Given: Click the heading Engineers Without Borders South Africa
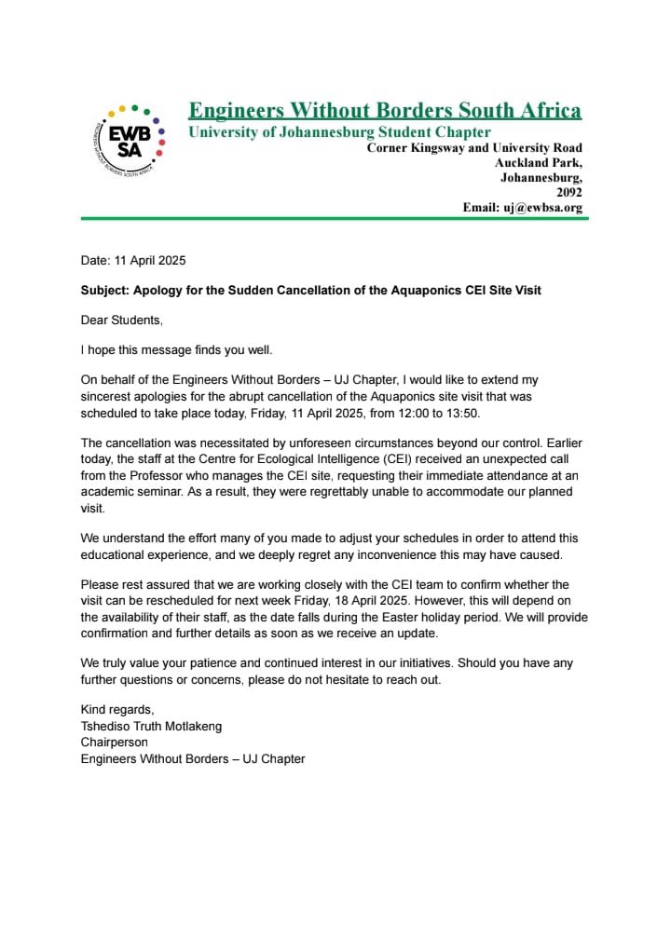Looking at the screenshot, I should tap(385, 111).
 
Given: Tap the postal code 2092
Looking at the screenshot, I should tap(568, 192).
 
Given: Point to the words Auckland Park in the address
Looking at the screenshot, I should tap(539, 162).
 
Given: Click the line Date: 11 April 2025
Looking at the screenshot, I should tap(133, 261).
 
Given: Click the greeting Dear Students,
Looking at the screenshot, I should tap(122, 320).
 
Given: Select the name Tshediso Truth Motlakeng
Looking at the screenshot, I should tap(152, 726).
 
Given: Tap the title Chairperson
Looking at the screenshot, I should tap(115, 743).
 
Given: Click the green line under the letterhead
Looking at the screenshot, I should tap(335, 219).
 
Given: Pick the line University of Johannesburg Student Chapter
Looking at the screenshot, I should tap(339, 132).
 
